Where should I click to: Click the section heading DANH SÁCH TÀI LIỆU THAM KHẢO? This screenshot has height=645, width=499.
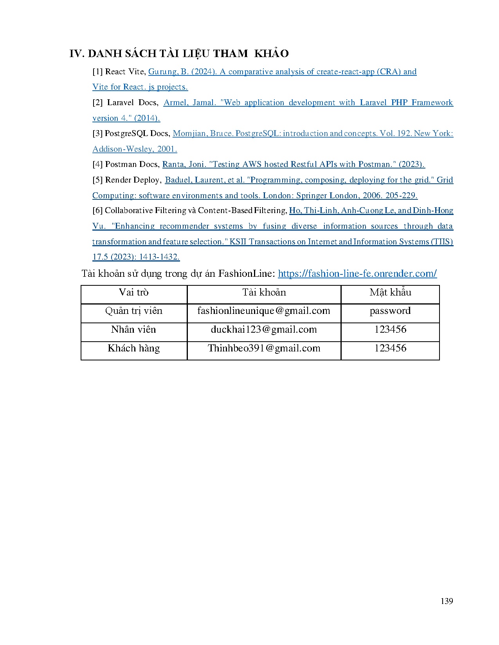coord(179,54)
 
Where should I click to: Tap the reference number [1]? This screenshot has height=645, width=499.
coord(97,72)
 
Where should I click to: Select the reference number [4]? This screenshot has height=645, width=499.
coord(97,164)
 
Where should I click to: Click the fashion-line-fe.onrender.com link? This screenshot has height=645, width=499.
coord(357,273)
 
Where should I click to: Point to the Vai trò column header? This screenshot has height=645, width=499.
coord(134,292)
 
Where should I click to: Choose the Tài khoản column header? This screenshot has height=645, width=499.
coord(264,292)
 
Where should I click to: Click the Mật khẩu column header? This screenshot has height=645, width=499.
coord(390,292)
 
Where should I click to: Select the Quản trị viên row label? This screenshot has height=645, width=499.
coord(134,311)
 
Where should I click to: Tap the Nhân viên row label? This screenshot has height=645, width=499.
coord(134,330)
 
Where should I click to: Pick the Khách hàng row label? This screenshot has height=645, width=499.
coord(134,348)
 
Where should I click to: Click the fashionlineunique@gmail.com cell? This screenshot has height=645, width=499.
coord(264,311)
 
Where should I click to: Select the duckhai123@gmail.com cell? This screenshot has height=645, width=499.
coord(264,330)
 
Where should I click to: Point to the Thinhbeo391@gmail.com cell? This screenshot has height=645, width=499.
coord(264,348)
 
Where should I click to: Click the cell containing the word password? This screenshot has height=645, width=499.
coord(390,311)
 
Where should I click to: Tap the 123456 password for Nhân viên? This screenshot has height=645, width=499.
coord(390,330)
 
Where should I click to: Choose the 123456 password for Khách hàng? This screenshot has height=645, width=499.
coord(390,348)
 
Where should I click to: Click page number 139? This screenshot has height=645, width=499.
coord(447,601)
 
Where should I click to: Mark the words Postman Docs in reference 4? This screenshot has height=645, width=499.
coord(132,164)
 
